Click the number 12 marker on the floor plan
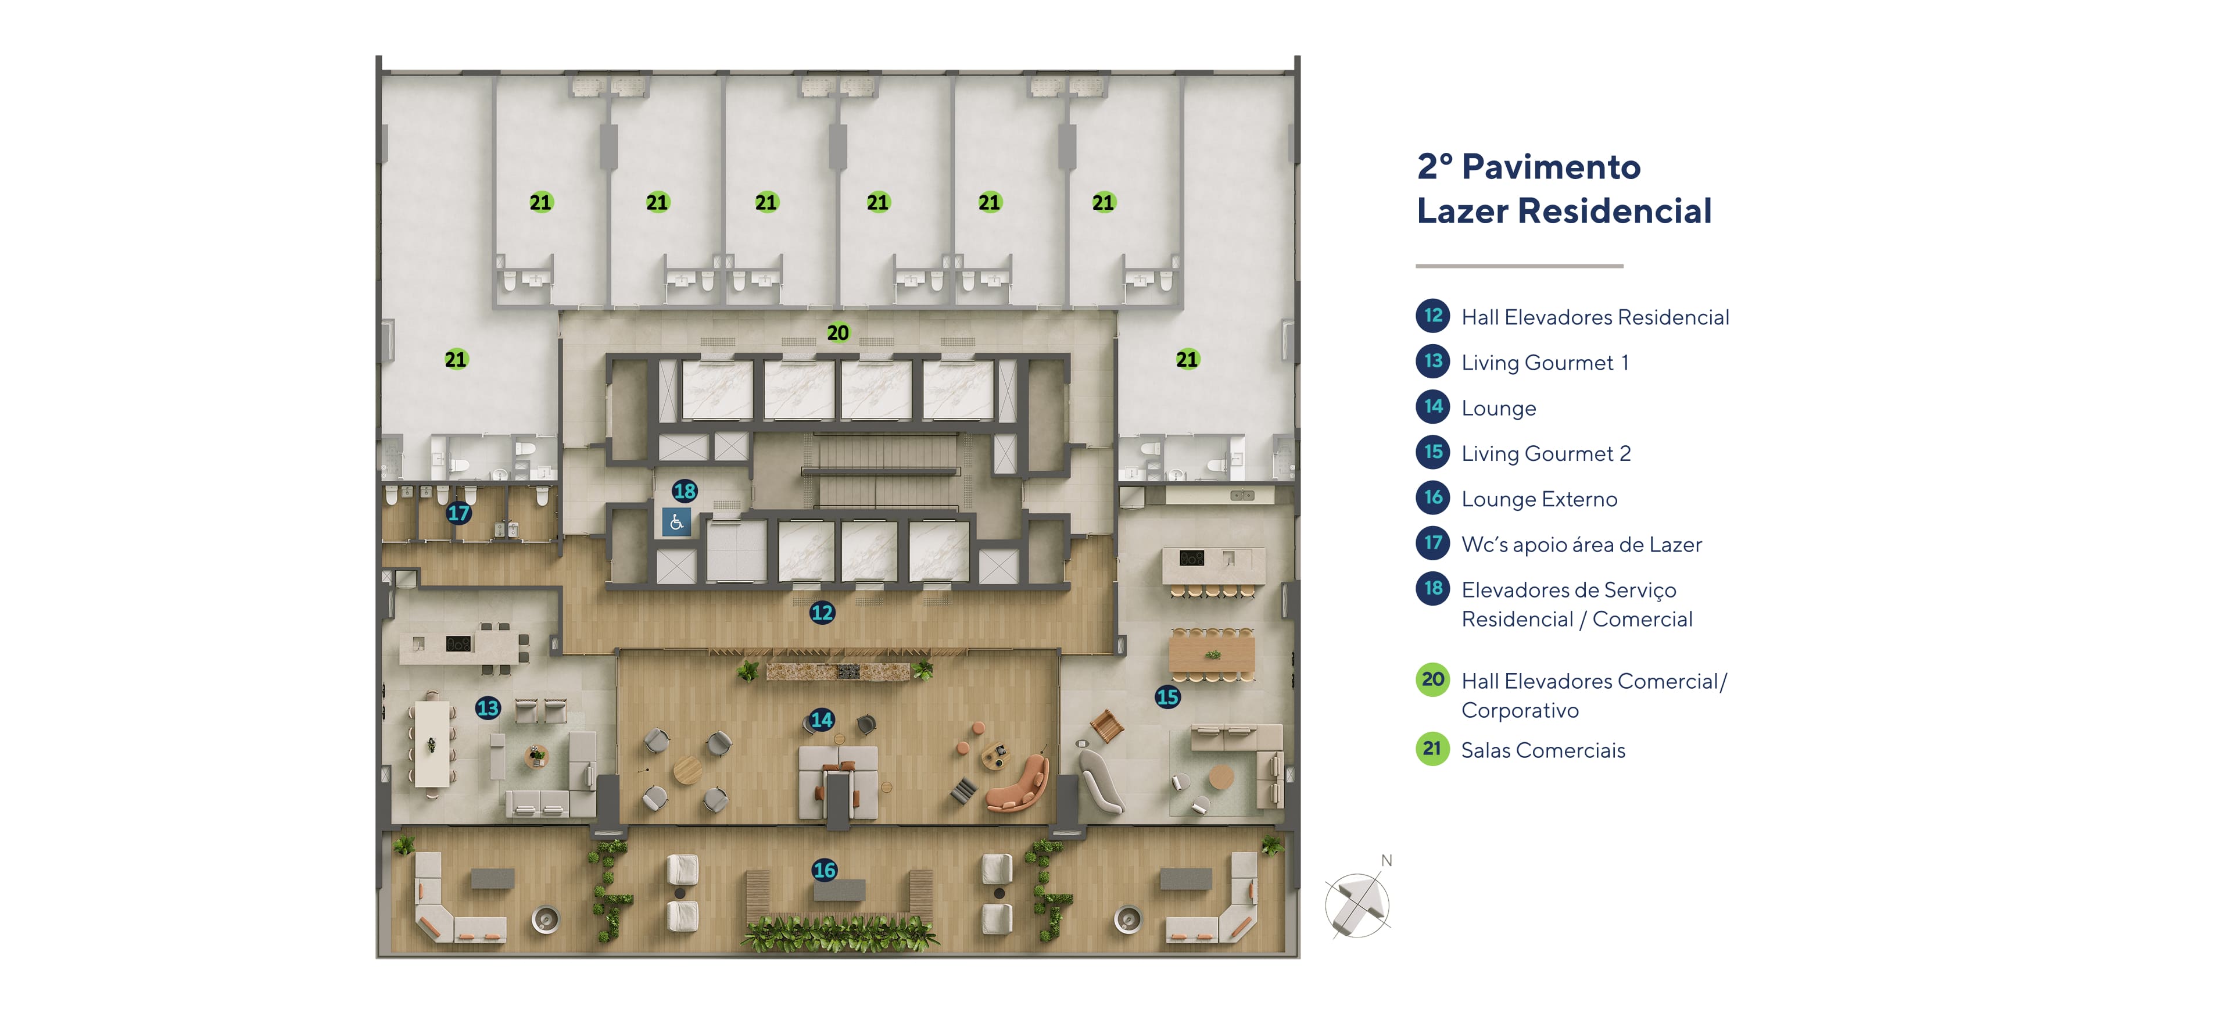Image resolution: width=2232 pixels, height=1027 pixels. (x=822, y=613)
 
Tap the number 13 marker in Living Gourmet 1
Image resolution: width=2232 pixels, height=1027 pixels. (x=488, y=708)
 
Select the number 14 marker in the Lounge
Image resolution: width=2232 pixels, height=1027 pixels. (x=822, y=720)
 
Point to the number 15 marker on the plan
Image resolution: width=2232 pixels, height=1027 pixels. (x=1167, y=697)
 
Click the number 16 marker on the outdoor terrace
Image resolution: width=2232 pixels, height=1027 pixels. (x=824, y=870)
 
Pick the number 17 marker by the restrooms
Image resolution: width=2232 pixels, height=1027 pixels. (x=458, y=513)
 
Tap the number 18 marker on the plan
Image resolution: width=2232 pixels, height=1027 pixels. (x=685, y=491)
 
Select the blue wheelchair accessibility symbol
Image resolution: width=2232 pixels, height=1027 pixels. (x=676, y=522)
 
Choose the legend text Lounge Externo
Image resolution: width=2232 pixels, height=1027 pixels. (x=1539, y=499)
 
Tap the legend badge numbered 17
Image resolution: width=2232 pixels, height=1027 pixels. (x=1433, y=543)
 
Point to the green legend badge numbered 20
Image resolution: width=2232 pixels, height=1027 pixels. (x=1433, y=679)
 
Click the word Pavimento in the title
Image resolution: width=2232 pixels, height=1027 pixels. (x=1550, y=167)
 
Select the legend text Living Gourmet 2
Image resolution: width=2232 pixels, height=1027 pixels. (x=1545, y=453)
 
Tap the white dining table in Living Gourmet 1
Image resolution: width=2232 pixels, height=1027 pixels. (x=432, y=743)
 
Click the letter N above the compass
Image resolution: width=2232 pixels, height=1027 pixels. (x=1387, y=861)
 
